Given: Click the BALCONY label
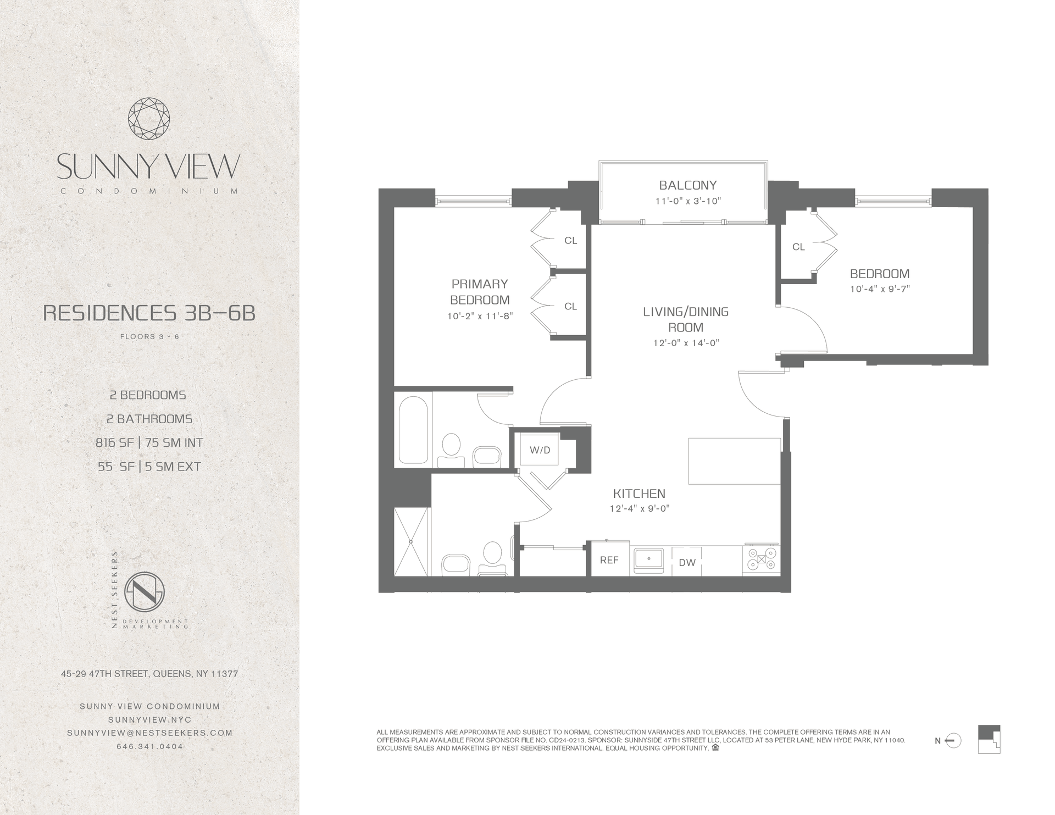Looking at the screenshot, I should pyautogui.click(x=687, y=185).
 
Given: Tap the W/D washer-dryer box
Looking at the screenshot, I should pyautogui.click(x=540, y=450).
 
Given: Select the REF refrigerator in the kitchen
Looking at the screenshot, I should pyautogui.click(x=609, y=560).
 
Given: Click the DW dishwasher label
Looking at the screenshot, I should pyautogui.click(x=687, y=562).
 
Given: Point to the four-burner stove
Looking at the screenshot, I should pyautogui.click(x=761, y=560).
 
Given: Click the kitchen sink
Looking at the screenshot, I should pyautogui.click(x=649, y=560).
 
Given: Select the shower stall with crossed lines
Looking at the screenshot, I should pyautogui.click(x=411, y=541).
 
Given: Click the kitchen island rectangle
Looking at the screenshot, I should pyautogui.click(x=734, y=461).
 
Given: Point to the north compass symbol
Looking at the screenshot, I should pyautogui.click(x=954, y=741).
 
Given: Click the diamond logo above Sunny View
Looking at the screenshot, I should pyautogui.click(x=149, y=119).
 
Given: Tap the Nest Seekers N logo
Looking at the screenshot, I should pyautogui.click(x=145, y=593).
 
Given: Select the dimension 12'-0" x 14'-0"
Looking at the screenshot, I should pyautogui.click(x=686, y=343).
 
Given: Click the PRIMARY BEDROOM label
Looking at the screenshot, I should pyautogui.click(x=480, y=292).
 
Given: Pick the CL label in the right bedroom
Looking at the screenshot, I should pyautogui.click(x=798, y=247).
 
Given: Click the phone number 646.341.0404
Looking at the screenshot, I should pyautogui.click(x=149, y=746).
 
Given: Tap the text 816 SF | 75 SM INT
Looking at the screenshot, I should pyautogui.click(x=149, y=442).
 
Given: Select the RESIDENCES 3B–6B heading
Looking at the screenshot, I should pyautogui.click(x=149, y=313).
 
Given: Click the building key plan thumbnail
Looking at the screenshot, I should pyautogui.click(x=989, y=739).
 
